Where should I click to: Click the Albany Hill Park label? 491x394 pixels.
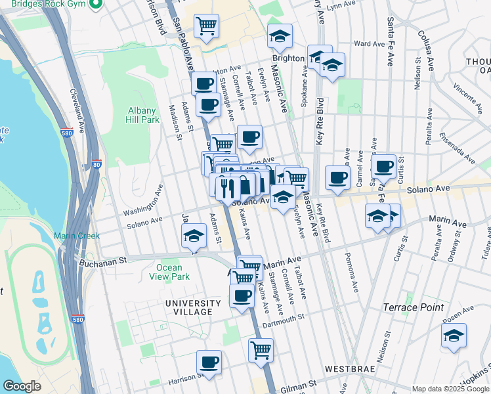pos(142,115)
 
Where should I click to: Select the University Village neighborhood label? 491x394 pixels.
pos(193,307)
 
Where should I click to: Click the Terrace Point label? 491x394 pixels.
pos(414,307)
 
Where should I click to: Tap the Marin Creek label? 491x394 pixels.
pos(77,236)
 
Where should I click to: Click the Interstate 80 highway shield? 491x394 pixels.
pos(96,165)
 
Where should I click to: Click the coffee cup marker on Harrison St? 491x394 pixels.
pos(209,362)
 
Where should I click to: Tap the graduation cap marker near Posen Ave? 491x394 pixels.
pos(454,336)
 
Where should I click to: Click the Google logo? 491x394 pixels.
pos(22,386)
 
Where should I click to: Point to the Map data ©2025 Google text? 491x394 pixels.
pos(450,389)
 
